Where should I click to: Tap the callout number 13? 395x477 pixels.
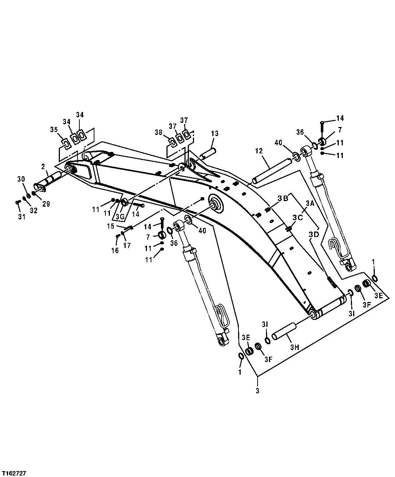[x=214, y=134]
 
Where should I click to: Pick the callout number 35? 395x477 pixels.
[x=54, y=129]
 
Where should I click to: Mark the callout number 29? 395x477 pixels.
[x=46, y=204]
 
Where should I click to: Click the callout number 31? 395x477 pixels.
[x=22, y=217]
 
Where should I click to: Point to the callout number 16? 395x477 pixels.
[x=115, y=250]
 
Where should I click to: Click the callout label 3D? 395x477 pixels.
[x=313, y=234]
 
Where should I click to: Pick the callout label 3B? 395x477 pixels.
[x=283, y=199]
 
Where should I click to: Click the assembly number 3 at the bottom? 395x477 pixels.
[x=257, y=391]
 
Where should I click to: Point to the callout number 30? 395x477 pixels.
[x=21, y=179]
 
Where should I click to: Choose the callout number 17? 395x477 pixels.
[x=127, y=245]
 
